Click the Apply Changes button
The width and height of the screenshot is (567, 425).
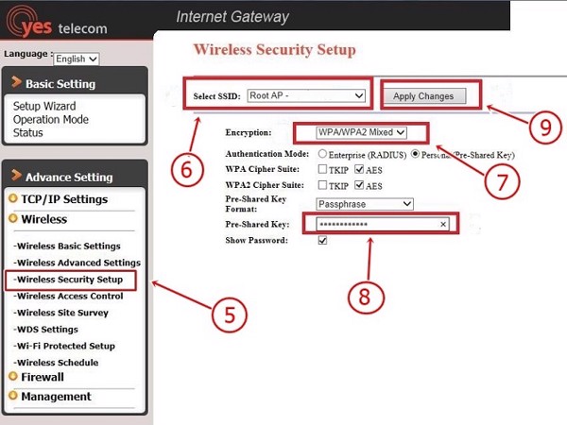(x=423, y=95)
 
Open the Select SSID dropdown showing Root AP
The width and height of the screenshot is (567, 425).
(x=305, y=95)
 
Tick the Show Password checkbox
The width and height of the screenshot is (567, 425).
(x=322, y=241)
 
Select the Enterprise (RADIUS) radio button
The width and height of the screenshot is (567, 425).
(x=323, y=153)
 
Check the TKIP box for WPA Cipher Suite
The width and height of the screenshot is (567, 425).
(x=322, y=169)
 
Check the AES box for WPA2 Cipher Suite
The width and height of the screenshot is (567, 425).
(x=359, y=185)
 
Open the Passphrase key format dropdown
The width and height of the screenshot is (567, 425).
(x=365, y=204)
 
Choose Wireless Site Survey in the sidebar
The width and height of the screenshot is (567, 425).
(x=62, y=313)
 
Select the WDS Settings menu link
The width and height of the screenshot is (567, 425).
(x=46, y=330)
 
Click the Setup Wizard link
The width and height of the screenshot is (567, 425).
(x=44, y=107)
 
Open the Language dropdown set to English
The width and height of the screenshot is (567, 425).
(x=76, y=59)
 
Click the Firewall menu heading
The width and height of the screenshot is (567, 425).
(x=43, y=377)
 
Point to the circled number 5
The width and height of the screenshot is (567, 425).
(x=228, y=312)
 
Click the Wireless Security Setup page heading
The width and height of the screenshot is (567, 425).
(x=274, y=50)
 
